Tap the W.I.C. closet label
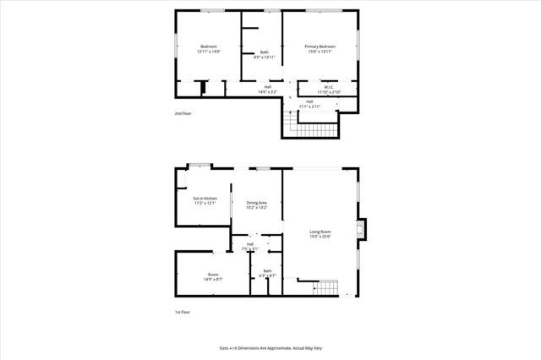328,90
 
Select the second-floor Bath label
265,54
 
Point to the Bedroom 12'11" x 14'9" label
208,49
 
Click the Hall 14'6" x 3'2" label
267,90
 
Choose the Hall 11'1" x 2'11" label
309,104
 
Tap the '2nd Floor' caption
183,112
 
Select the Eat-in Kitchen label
205,200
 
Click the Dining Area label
257,205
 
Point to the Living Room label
320,234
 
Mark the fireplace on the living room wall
362,230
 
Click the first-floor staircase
325,288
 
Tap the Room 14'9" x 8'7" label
213,275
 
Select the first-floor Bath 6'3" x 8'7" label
267,273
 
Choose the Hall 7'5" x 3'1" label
250,247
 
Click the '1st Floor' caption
183,312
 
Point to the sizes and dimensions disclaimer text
270,348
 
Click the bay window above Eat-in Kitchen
199,165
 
